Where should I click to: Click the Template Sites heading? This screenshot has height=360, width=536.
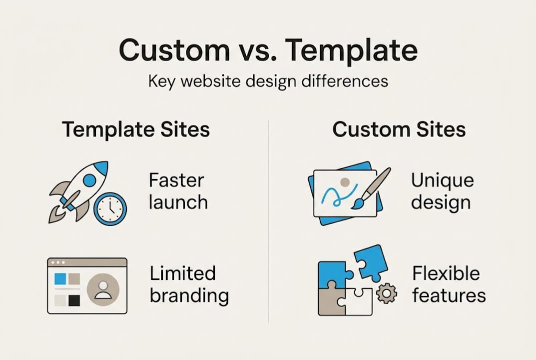point(136,130)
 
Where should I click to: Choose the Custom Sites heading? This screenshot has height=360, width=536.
point(399,130)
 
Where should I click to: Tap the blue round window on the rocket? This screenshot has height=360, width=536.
point(89,180)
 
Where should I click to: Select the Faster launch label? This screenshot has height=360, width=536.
point(178,191)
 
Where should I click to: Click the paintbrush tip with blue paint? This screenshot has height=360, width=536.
point(357,203)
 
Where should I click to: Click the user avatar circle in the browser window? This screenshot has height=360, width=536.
point(103,289)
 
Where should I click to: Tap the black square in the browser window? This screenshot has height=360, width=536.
point(74,300)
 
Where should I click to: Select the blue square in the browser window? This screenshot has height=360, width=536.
point(60,278)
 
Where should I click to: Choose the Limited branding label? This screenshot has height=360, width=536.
point(189,284)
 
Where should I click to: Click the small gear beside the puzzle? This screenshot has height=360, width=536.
point(386,293)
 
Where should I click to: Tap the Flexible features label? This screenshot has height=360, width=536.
point(449,284)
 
